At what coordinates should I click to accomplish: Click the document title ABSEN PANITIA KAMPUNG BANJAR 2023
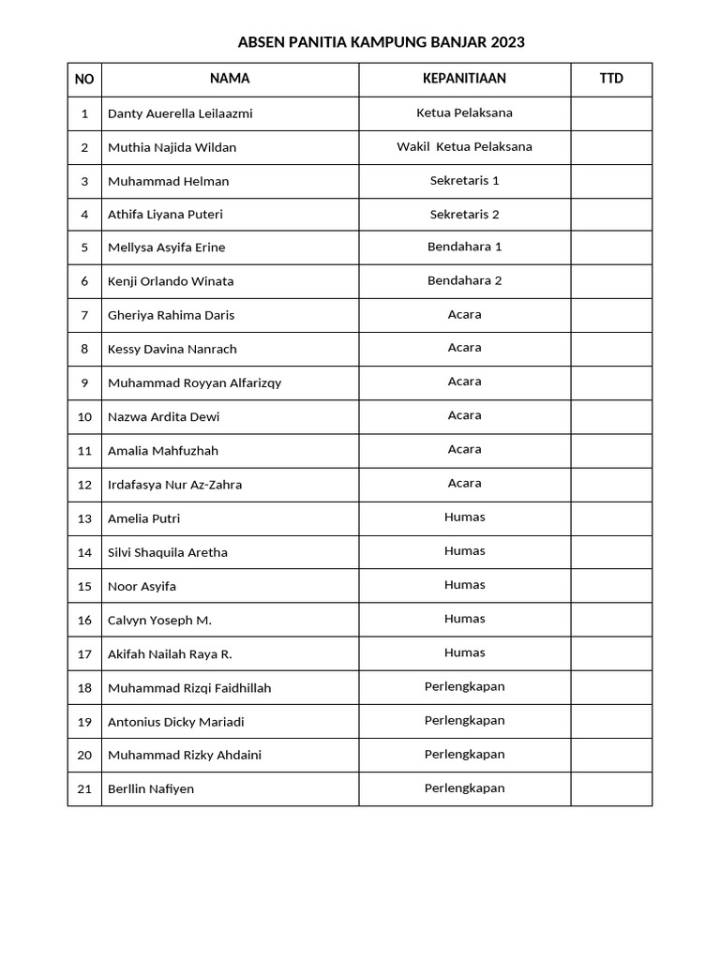point(381,42)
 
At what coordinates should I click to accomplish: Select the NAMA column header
point(230,79)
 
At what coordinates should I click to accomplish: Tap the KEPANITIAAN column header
point(464,79)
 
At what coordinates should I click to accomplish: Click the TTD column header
point(611,79)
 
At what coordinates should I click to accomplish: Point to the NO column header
point(84,80)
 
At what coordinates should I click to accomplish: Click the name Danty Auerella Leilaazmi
point(180,113)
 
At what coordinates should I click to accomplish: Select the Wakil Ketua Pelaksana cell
point(464,147)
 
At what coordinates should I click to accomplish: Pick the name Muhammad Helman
point(168,181)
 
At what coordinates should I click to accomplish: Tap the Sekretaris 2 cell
point(464,215)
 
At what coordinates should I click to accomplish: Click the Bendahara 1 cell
point(464,247)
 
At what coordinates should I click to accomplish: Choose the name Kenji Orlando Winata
point(171,281)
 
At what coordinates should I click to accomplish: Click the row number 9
point(84,382)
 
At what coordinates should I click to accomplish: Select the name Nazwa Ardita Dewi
point(163,416)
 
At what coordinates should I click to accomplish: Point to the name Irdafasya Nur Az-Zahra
point(174,485)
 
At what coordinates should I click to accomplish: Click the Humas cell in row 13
point(464,517)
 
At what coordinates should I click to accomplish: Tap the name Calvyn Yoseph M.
point(159,620)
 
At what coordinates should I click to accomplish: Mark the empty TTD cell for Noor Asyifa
point(611,586)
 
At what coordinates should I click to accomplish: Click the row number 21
point(84,789)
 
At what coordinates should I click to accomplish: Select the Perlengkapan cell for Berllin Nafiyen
point(464,788)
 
